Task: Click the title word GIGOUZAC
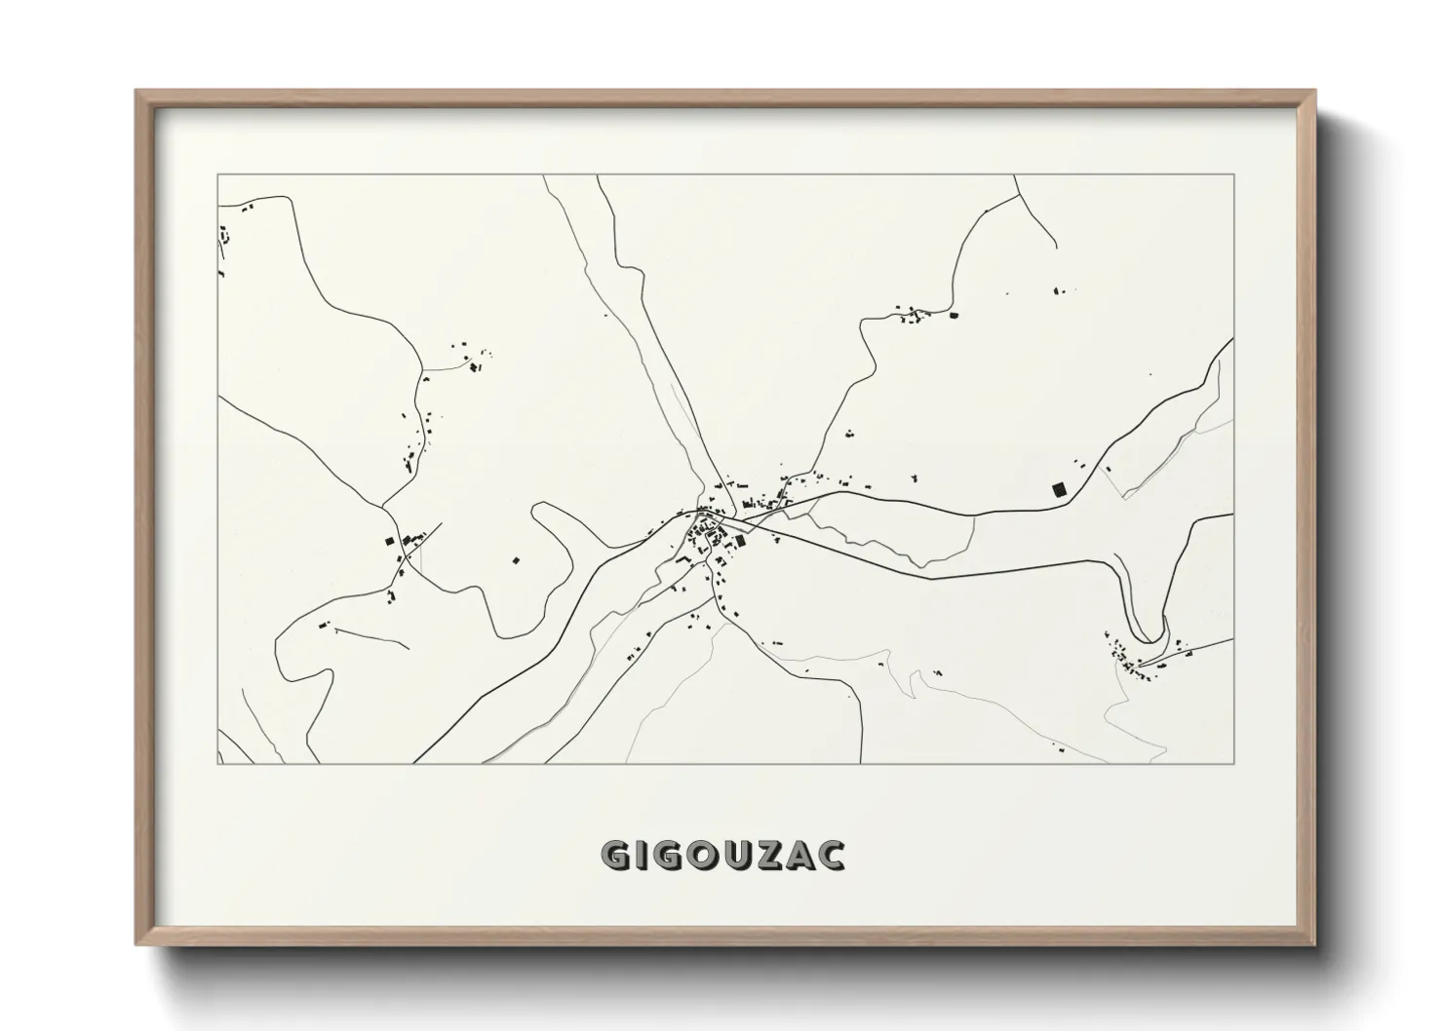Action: point(722,856)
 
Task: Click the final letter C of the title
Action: point(832,856)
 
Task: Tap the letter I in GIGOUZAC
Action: point(643,856)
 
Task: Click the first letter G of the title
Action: point(616,856)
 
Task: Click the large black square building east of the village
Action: point(1059,489)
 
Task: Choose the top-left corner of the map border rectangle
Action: point(217,175)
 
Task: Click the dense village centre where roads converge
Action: point(710,531)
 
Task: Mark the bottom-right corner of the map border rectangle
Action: point(1233,764)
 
